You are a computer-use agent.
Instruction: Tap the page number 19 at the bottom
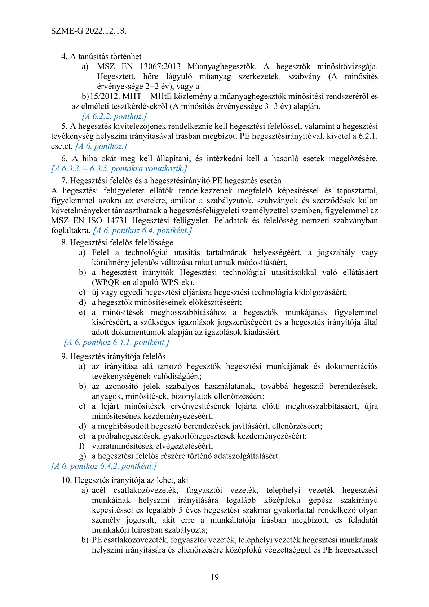pyautogui.click(x=214, y=577)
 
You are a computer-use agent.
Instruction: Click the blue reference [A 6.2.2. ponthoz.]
pyautogui.click(x=114, y=116)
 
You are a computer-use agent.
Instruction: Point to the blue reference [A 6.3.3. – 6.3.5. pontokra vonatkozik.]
pyautogui.click(x=119, y=168)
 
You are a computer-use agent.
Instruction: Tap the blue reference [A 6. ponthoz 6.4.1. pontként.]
pyautogui.click(x=116, y=342)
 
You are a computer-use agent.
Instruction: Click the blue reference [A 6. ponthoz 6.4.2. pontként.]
pyautogui.click(x=104, y=466)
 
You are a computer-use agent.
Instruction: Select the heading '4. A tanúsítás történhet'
pyautogui.click(x=101, y=56)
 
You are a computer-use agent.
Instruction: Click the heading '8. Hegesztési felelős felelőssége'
pyautogui.click(x=117, y=242)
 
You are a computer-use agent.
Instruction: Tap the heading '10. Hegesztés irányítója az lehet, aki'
pyautogui.click(x=125, y=480)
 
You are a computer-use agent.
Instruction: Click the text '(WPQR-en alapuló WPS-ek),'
pyautogui.click(x=143, y=282)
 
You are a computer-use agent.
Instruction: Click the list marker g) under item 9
pyautogui.click(x=82, y=456)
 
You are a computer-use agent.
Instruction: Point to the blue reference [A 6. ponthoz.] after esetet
pyautogui.click(x=101, y=146)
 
